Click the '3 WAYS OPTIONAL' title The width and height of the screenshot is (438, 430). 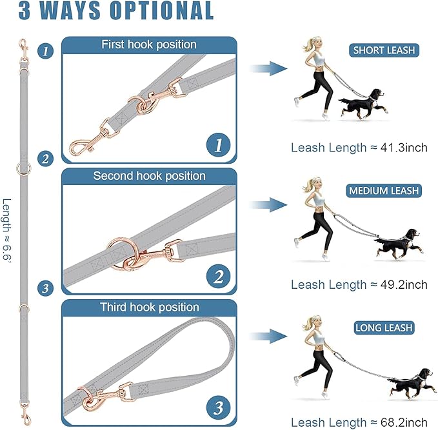click(108, 11)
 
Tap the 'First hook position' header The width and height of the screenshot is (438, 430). click(149, 44)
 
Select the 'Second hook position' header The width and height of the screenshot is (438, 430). click(149, 176)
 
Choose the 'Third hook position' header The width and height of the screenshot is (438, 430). click(149, 308)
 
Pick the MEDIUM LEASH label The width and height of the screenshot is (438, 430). click(384, 191)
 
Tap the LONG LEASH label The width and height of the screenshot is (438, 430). click(384, 328)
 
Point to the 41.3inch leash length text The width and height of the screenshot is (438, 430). click(359, 148)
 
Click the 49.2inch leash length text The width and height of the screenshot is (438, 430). click(359, 284)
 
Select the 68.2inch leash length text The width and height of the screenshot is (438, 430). click(359, 422)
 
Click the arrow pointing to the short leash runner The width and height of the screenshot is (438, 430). click(268, 68)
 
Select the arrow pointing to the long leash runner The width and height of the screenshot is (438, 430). click(268, 336)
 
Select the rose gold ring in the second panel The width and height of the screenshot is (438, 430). click(121, 249)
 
